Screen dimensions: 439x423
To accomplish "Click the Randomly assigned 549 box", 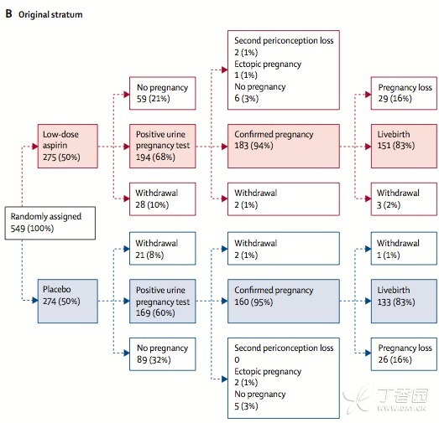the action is pyautogui.click(x=50, y=223).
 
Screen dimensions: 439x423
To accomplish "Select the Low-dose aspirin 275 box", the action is pyautogui.click(x=68, y=146).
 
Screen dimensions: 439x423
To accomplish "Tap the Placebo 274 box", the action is pyautogui.click(x=68, y=302).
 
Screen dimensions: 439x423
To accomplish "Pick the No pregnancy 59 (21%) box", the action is pyautogui.click(x=162, y=93).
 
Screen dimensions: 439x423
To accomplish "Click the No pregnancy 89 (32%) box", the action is pyautogui.click(x=162, y=354).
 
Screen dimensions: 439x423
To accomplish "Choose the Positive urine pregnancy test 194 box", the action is pyautogui.click(x=162, y=146).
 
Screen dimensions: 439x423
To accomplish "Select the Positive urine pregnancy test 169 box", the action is pyautogui.click(x=162, y=302).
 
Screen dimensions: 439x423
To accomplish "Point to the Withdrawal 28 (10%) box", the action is pyautogui.click(x=162, y=199).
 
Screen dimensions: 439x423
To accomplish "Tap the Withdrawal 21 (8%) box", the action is pyautogui.click(x=162, y=249).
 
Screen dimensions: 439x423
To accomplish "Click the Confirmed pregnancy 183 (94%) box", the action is pyautogui.click(x=284, y=146).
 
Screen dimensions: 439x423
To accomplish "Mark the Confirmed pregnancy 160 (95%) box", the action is pyautogui.click(x=284, y=302).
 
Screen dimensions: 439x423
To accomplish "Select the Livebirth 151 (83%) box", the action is pyautogui.click(x=404, y=146).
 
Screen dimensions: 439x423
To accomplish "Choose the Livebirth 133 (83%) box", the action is pyautogui.click(x=404, y=302).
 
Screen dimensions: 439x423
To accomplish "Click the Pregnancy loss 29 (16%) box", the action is pyautogui.click(x=404, y=93).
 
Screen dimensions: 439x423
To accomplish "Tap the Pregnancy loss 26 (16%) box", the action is pyautogui.click(x=404, y=354).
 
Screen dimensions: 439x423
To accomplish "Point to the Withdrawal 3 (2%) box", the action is pyautogui.click(x=404, y=199).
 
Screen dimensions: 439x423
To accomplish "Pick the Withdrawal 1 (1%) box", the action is pyautogui.click(x=404, y=249).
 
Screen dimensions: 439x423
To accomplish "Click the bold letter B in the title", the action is pyautogui.click(x=8, y=13).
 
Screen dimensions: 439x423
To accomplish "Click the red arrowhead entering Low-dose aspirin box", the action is pyautogui.click(x=34, y=146).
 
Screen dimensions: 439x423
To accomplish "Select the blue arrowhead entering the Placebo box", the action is pyautogui.click(x=34, y=301).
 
